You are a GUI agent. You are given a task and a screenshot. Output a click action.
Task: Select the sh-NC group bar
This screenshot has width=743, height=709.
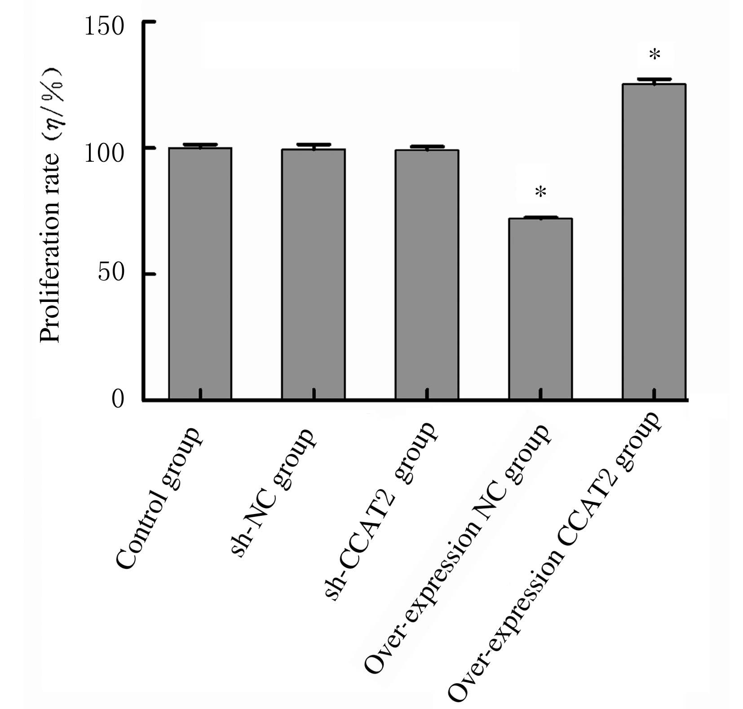313,274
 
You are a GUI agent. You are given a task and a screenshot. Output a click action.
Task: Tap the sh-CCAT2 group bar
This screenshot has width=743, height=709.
427,275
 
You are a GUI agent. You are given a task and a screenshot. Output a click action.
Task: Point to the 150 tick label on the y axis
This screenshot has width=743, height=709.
104,27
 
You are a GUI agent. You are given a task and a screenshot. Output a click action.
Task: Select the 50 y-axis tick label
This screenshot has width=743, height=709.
111,273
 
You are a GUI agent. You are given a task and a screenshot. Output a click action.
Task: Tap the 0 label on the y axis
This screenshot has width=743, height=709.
117,399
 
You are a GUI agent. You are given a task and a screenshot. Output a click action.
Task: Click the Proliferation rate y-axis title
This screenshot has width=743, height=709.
50,207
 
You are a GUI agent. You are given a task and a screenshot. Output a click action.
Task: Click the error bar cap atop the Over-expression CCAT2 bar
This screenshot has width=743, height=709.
654,80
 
